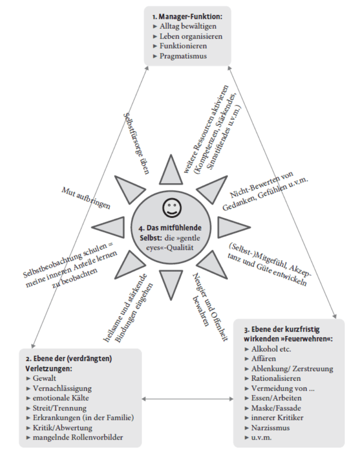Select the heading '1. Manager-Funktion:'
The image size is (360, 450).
point(187,16)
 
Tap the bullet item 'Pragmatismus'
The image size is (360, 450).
point(183,56)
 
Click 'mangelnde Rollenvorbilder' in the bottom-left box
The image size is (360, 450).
point(77,437)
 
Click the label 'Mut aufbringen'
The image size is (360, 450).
point(85,198)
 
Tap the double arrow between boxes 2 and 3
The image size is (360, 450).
point(187,399)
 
